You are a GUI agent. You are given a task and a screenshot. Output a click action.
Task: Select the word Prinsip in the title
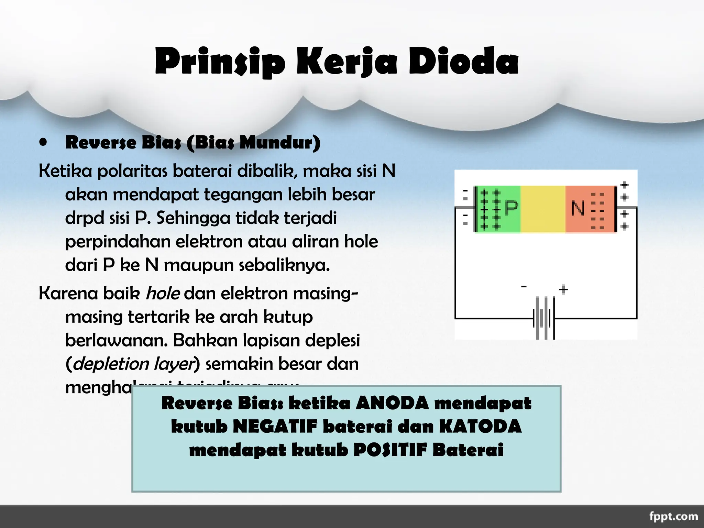[220, 62]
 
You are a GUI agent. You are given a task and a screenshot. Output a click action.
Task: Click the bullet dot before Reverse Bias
[43, 142]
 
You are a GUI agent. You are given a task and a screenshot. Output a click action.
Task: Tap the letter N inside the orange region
[577, 208]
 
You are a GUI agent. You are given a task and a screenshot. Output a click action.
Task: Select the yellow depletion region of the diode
[543, 209]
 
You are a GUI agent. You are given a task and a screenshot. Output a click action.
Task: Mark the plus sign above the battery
[563, 289]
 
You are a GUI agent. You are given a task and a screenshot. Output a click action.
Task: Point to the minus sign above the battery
[524, 286]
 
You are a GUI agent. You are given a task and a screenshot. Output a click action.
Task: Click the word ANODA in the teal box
[392, 403]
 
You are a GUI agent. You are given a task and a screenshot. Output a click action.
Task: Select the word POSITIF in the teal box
[390, 450]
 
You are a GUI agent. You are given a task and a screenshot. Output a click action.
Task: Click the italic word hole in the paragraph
[163, 294]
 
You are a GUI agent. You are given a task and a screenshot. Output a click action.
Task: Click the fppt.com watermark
[673, 516]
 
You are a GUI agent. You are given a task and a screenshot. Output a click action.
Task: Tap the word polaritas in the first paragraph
[134, 171]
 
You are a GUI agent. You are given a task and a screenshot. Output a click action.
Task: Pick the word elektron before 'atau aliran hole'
[209, 242]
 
